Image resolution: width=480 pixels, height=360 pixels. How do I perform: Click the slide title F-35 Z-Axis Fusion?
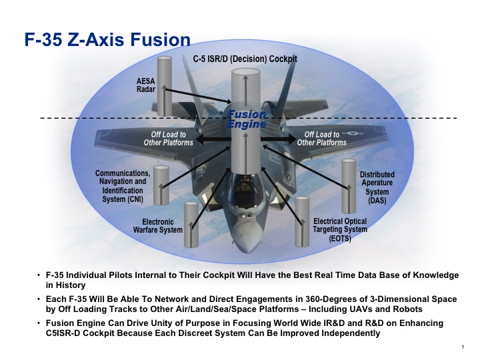107,40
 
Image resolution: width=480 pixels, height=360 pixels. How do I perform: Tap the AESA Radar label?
146,85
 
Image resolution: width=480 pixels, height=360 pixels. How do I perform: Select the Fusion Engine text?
247,119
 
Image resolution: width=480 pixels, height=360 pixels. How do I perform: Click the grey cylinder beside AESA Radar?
165,86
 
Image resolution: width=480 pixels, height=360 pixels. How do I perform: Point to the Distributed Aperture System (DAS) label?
377,187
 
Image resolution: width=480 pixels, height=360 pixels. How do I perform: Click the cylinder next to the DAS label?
349,186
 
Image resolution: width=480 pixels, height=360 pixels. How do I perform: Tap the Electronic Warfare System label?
157,225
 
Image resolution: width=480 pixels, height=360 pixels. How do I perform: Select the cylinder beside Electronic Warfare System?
191,225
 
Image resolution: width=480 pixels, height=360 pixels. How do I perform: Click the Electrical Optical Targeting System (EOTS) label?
340,229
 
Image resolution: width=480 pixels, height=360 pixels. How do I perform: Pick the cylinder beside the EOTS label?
302,222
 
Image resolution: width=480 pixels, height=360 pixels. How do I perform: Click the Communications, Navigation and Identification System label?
123,186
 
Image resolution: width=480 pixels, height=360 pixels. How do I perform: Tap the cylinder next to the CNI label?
161,185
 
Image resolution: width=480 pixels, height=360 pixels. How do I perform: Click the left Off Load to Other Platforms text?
169,139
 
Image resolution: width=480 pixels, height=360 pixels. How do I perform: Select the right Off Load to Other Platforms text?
322,139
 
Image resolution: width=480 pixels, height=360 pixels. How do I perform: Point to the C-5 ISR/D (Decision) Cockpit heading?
245,59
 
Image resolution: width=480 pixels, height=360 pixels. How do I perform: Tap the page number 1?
463,347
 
